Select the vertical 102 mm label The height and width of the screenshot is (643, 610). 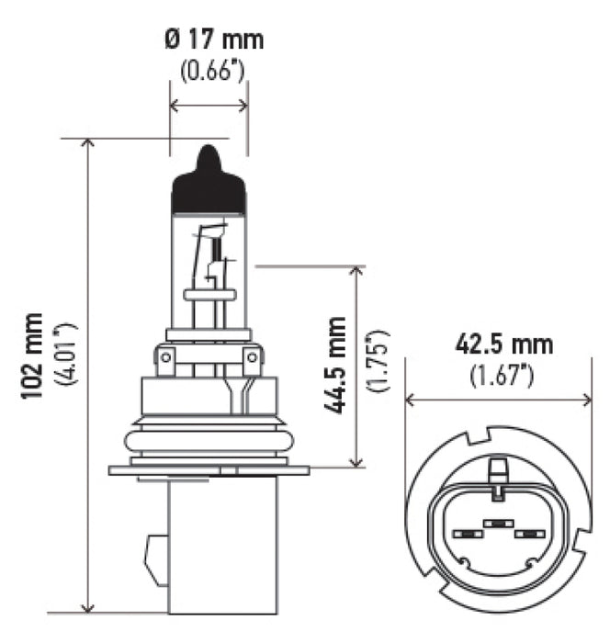coord(33,355)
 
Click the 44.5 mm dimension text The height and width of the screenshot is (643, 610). coord(336,365)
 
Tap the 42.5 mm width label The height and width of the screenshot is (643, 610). coord(503,344)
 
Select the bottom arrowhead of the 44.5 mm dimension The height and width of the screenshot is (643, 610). coord(356,461)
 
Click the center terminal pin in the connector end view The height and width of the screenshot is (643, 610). coord(496,523)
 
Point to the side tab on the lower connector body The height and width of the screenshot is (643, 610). coord(156,556)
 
